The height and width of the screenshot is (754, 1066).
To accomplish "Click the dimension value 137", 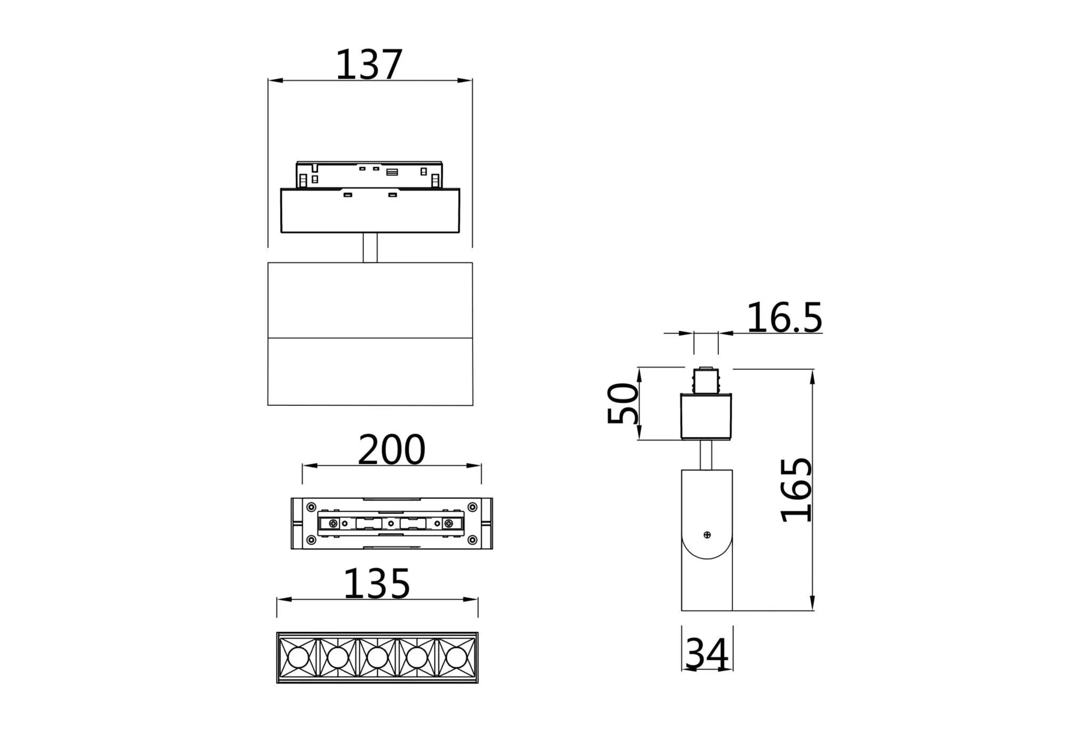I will [x=368, y=65].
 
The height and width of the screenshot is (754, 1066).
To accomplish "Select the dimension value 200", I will [x=391, y=450].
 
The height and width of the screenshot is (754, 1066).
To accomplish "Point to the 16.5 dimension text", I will [x=784, y=318].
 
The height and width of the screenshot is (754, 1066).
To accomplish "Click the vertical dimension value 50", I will [x=623, y=403].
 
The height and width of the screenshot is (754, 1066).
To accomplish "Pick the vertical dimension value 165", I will [x=796, y=490].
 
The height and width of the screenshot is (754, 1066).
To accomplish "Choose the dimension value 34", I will [x=707, y=654].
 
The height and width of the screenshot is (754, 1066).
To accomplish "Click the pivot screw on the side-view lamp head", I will [x=707, y=535].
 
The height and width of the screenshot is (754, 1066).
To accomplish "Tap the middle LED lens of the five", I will [x=377, y=657].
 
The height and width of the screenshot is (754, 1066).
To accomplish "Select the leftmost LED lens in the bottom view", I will [x=297, y=657].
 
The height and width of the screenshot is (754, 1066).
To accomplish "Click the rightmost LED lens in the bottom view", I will [x=456, y=657].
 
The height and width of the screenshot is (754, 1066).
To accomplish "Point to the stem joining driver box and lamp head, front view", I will [x=370, y=247].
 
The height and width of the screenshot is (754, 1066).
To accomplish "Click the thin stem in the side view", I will [x=706, y=455].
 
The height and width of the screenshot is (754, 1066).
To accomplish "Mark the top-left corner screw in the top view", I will [x=310, y=507].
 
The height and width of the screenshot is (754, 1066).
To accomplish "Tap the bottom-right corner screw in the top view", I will [x=472, y=540].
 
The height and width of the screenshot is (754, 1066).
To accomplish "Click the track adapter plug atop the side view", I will [x=706, y=381].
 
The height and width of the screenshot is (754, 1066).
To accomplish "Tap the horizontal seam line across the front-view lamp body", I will [x=370, y=338].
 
